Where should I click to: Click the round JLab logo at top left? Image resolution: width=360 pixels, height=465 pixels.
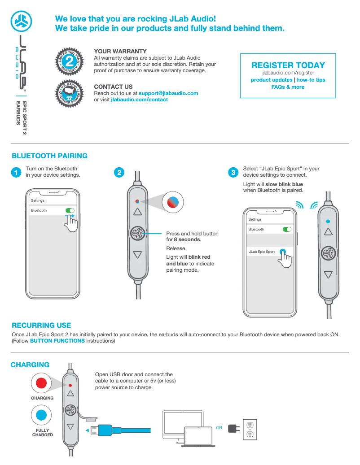click(22, 22)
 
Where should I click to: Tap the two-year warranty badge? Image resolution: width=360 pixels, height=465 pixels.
click(70, 61)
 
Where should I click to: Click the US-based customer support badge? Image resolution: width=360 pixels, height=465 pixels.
click(70, 93)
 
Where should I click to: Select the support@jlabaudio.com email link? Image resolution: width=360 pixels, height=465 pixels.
click(168, 93)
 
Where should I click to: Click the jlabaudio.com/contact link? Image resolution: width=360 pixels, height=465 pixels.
click(139, 100)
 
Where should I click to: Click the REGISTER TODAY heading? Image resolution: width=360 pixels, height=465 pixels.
click(288, 65)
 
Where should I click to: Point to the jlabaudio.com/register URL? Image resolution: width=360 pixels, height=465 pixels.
click(288, 73)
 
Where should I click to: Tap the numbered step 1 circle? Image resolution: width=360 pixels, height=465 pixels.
click(16, 172)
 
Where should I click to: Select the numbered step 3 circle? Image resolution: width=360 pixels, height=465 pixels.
click(233, 172)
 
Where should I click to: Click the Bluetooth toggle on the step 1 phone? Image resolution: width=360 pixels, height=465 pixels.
click(70, 210)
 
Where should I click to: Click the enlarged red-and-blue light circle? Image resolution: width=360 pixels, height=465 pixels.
click(173, 202)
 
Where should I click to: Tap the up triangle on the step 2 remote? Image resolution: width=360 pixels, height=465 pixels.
click(137, 212)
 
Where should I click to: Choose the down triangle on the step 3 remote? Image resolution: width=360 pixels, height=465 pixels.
click(328, 274)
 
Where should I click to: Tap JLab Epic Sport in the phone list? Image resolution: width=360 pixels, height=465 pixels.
click(261, 252)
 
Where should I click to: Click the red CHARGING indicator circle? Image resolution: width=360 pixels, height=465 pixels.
click(41, 383)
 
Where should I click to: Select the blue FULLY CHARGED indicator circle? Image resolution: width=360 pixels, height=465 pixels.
click(41, 415)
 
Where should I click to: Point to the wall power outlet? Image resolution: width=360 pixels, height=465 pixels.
click(250, 430)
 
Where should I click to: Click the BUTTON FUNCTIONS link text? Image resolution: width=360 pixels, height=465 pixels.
click(57, 341)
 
